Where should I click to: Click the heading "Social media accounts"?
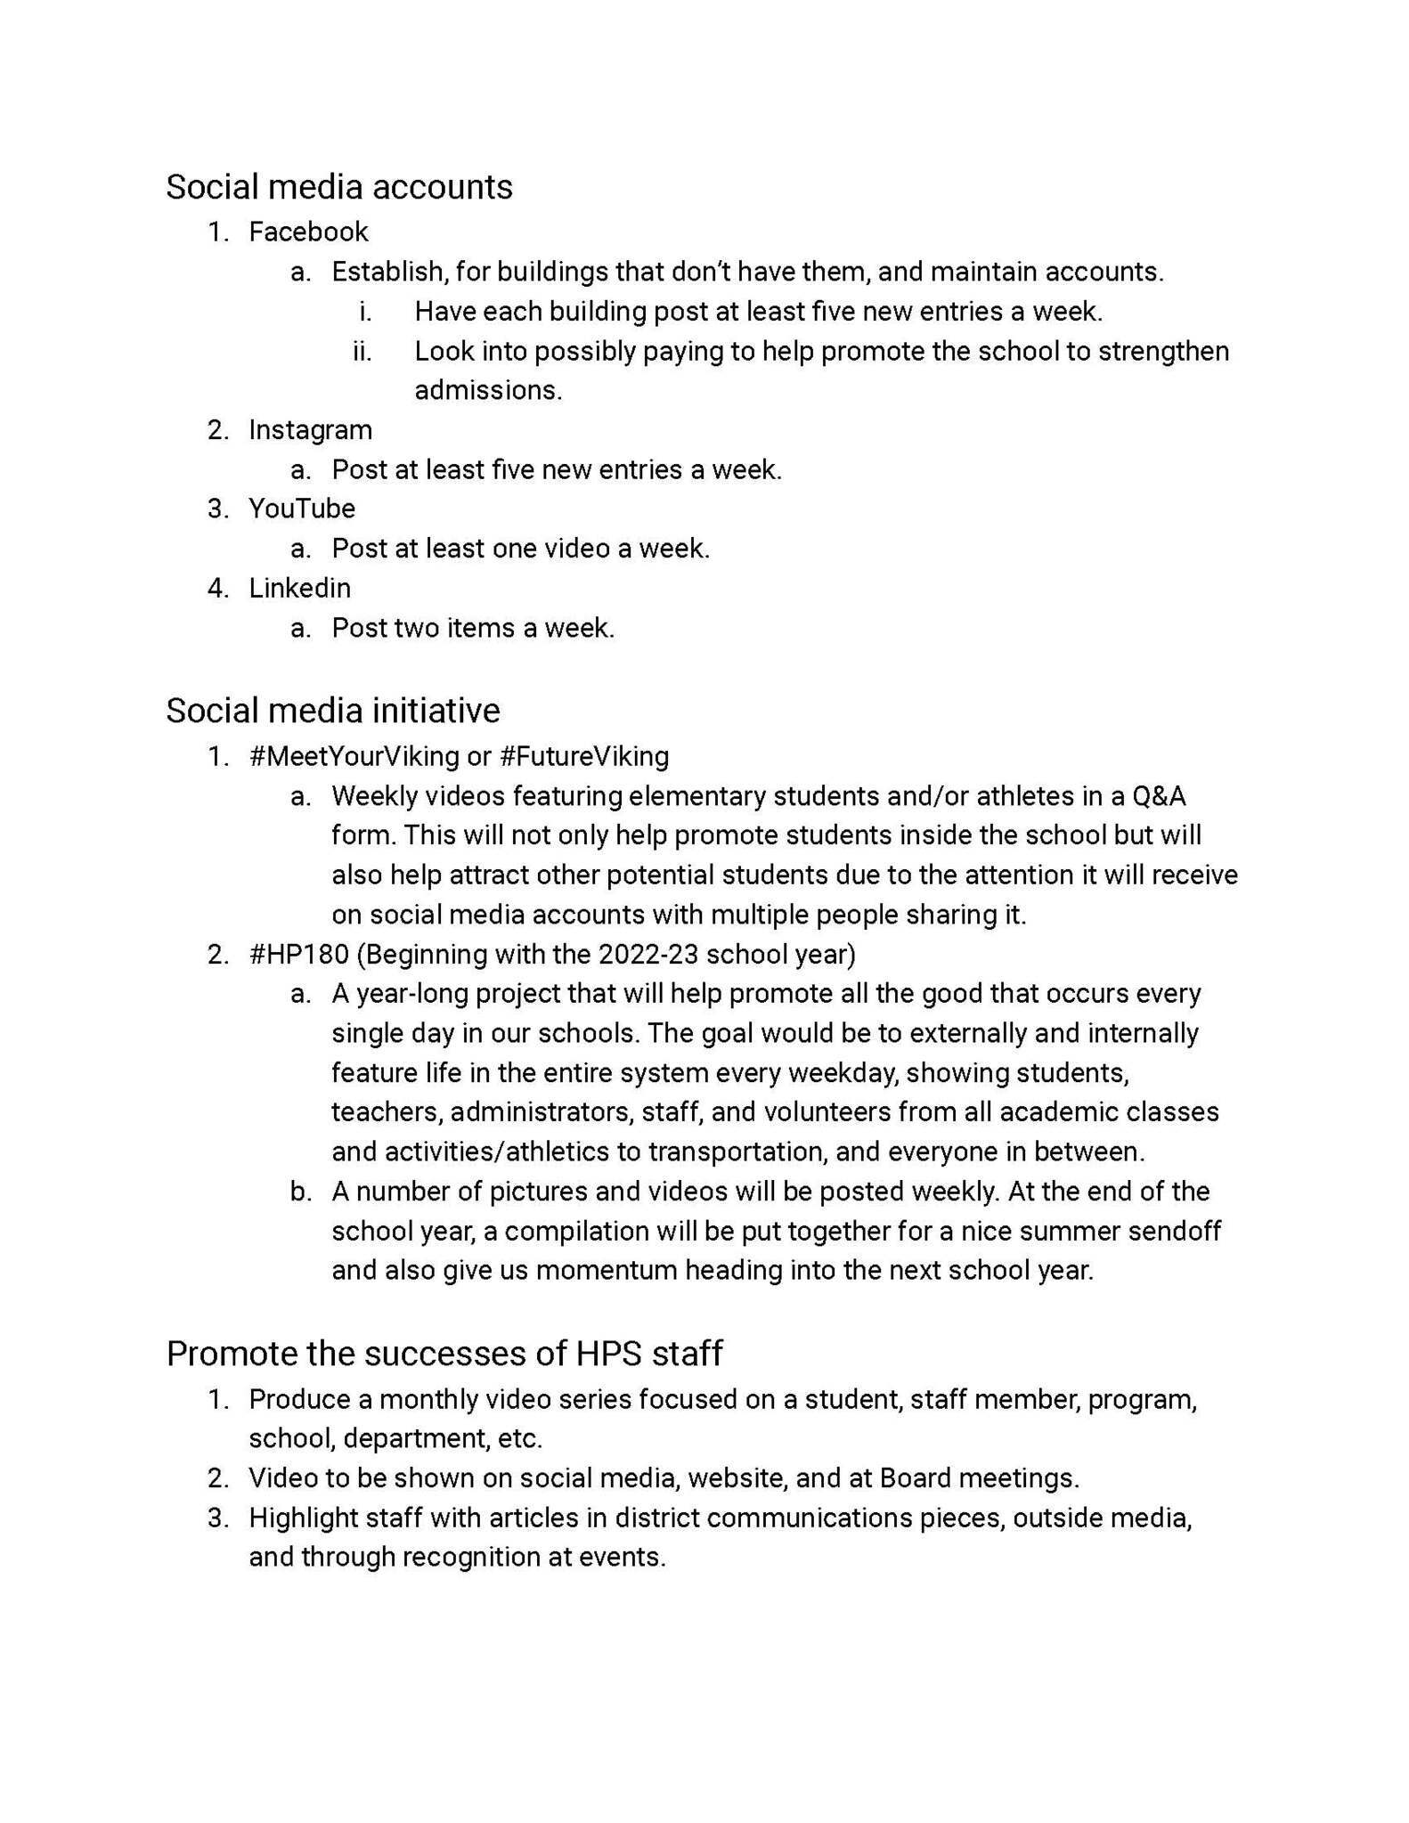(338, 187)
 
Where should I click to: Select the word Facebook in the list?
(308, 232)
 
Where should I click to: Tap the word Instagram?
(310, 429)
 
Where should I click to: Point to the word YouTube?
(302, 509)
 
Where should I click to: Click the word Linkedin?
(299, 588)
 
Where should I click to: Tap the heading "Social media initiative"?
(332, 711)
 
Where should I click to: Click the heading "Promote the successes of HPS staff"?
(444, 1353)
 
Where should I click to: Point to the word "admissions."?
(488, 390)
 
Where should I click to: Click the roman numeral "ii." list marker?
(362, 351)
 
